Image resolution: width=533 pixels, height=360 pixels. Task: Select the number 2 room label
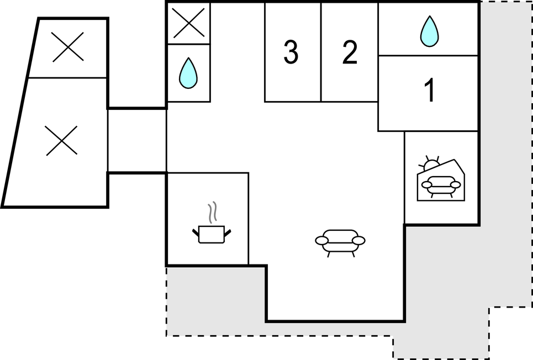(350, 53)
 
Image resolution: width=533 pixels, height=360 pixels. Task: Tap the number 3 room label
(291, 53)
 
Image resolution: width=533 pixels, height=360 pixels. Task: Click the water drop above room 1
(429, 31)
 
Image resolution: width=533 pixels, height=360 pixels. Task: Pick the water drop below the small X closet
(188, 73)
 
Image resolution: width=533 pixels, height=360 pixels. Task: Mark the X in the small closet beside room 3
(188, 23)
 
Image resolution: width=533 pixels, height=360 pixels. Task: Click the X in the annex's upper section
(67, 46)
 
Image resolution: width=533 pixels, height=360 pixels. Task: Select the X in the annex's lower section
(61, 140)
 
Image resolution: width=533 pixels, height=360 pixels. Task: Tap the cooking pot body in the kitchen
(211, 234)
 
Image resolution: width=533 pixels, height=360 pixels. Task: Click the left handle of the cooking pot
(196, 232)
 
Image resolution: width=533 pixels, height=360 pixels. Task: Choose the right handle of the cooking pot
(227, 231)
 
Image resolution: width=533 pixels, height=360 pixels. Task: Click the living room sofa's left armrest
(322, 240)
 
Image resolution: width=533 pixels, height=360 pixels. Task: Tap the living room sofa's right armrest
(358, 240)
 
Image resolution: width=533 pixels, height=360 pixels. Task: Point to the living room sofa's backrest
(340, 234)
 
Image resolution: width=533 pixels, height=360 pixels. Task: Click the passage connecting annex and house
(137, 141)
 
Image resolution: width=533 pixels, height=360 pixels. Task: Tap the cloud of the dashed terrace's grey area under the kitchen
(215, 301)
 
